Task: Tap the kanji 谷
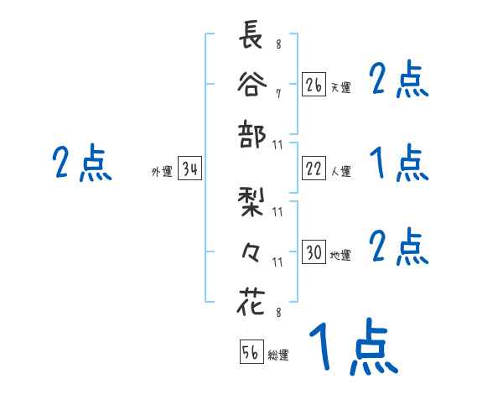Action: click(251, 86)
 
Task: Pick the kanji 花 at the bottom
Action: click(251, 301)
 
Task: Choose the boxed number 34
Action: click(189, 170)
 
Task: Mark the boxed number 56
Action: click(251, 353)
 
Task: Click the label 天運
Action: click(340, 87)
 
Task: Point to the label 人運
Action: click(340, 171)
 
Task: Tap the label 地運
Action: click(340, 255)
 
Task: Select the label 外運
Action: click(161, 172)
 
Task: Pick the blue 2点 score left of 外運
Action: click(81, 163)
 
